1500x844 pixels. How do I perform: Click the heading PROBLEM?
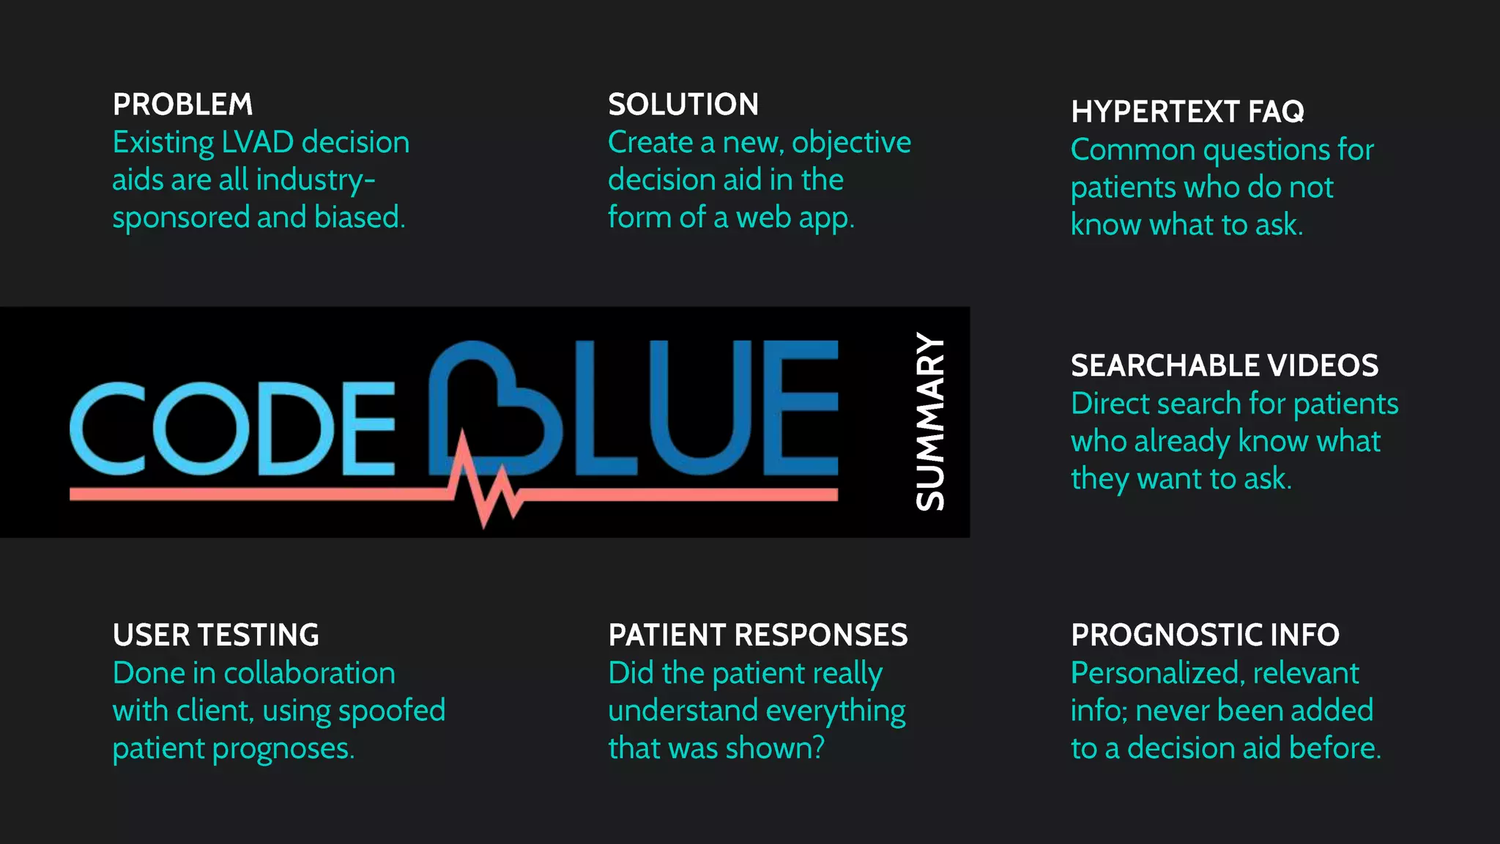pos(182,105)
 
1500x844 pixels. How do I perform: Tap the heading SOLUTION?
pos(683,105)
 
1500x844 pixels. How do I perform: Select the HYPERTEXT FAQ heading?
pos(1187,112)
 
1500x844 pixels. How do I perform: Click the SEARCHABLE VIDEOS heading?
pos(1224,366)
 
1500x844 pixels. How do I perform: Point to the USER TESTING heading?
pos(215,635)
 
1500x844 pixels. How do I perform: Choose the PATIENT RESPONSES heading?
pos(757,635)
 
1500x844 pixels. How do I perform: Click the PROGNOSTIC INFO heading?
pos(1205,635)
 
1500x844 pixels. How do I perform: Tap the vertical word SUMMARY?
pos(930,422)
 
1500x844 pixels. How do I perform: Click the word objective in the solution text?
pos(851,143)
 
